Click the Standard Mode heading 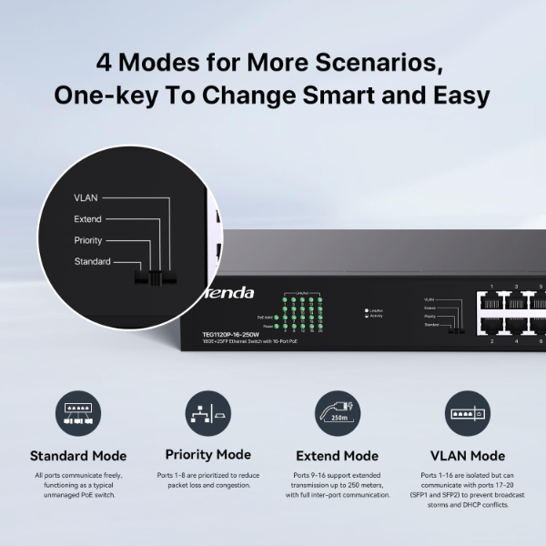tap(78, 456)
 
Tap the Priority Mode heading tap(207, 454)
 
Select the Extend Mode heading tap(337, 456)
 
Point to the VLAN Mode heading tap(467, 456)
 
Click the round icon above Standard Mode tap(78, 414)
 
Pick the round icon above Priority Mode tap(207, 414)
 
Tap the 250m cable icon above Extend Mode tap(337, 414)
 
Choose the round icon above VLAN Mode tap(467, 414)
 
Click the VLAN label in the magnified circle tap(86, 197)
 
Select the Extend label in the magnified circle tap(87, 219)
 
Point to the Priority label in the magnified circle tap(87, 241)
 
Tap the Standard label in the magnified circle tap(92, 262)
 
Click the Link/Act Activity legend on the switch tap(373, 313)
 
